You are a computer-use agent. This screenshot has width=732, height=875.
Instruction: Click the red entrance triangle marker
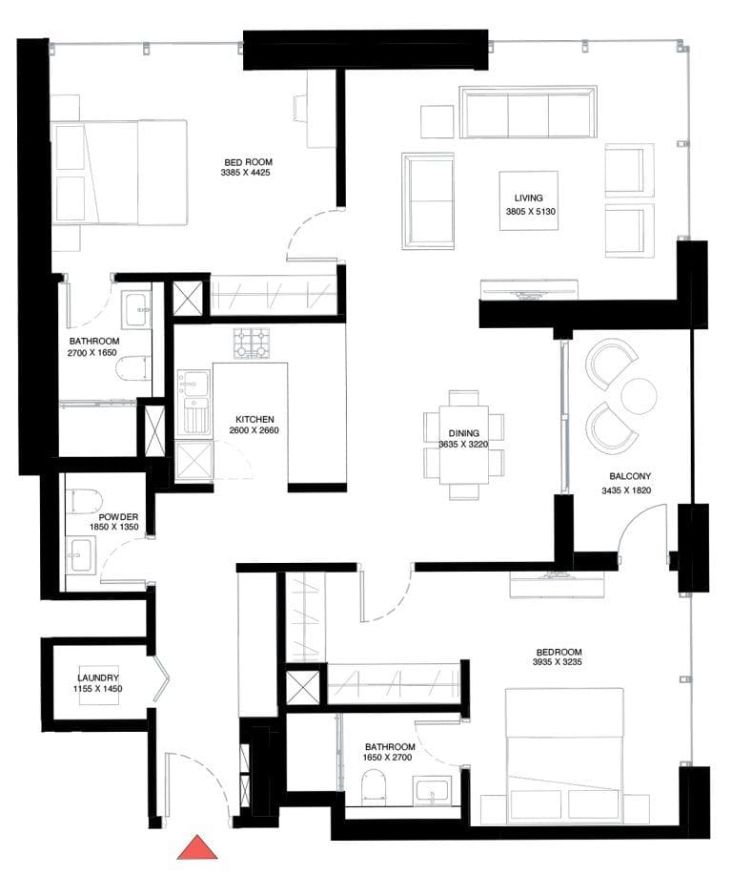[x=198, y=847]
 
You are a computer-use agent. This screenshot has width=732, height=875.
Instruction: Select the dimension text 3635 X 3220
[x=463, y=444]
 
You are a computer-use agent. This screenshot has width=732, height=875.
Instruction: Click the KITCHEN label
[x=255, y=419]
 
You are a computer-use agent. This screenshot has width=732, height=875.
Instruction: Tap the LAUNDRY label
[x=98, y=677]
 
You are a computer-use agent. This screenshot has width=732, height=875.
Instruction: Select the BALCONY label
[x=630, y=476]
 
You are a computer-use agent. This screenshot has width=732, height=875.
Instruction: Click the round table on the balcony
[x=638, y=395]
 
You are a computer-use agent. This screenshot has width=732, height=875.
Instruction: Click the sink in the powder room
[x=82, y=552]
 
